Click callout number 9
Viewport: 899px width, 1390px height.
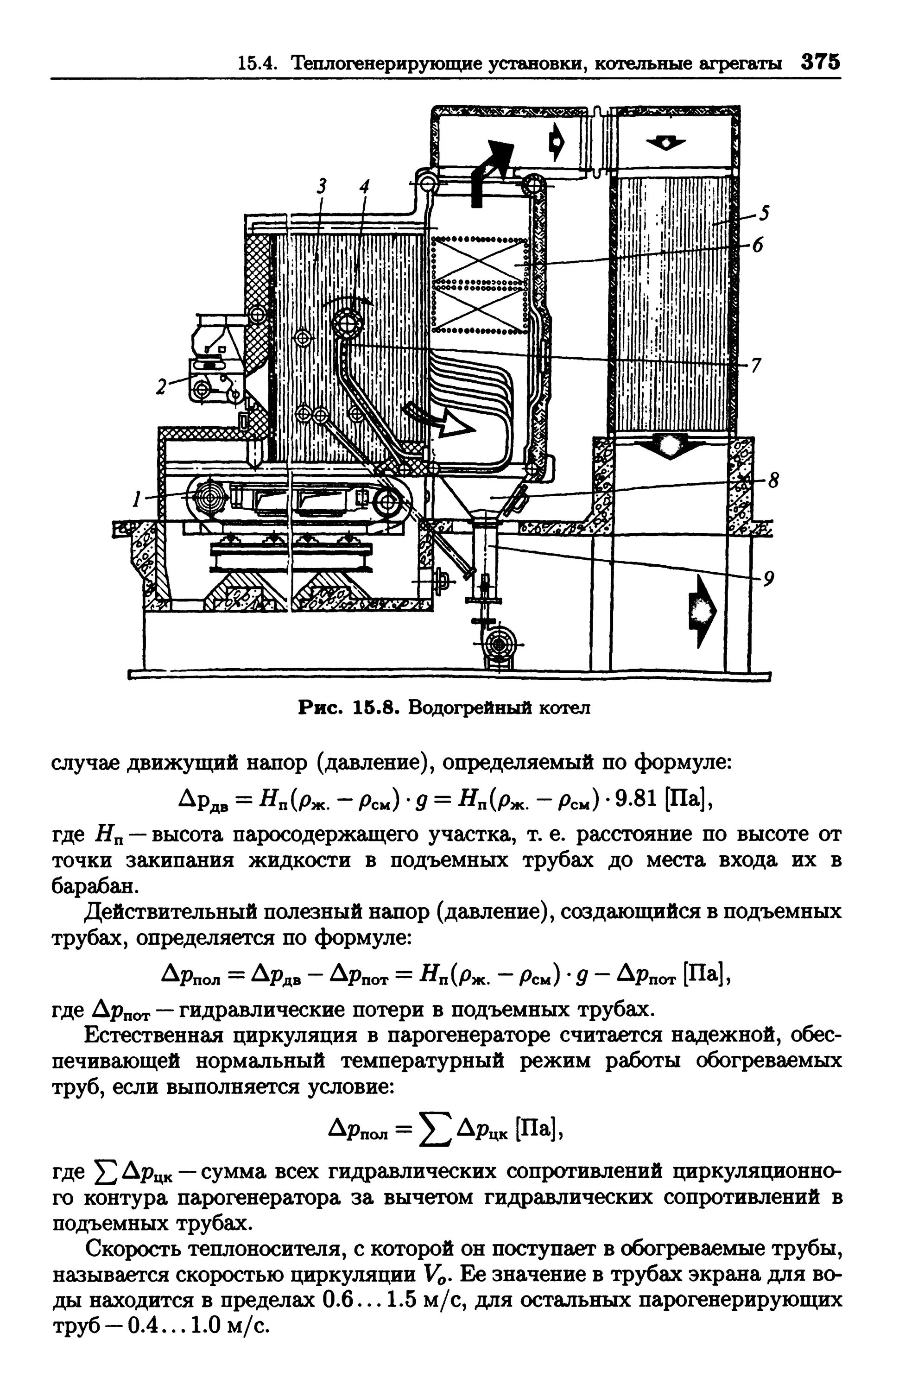click(769, 578)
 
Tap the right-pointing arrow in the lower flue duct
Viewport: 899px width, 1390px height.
click(701, 609)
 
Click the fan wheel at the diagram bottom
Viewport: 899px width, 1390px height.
click(499, 644)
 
